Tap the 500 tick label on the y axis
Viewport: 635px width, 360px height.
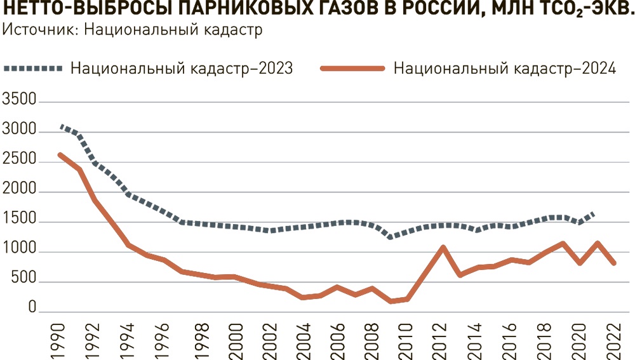pyautogui.click(x=23, y=283)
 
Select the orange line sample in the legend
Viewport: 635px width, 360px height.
pyautogui.click(x=353, y=69)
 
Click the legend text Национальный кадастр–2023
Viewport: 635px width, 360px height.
pyautogui.click(x=182, y=69)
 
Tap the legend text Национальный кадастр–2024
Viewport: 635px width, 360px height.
pyautogui.click(x=505, y=69)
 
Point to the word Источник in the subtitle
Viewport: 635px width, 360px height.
pyautogui.click(x=36, y=30)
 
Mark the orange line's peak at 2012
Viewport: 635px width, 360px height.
pyautogui.click(x=442, y=247)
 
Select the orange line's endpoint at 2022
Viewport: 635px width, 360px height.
pyautogui.click(x=613, y=263)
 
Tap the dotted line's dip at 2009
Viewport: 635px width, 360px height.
pyautogui.click(x=390, y=237)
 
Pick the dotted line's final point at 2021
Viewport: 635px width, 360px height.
pyautogui.click(x=595, y=213)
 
